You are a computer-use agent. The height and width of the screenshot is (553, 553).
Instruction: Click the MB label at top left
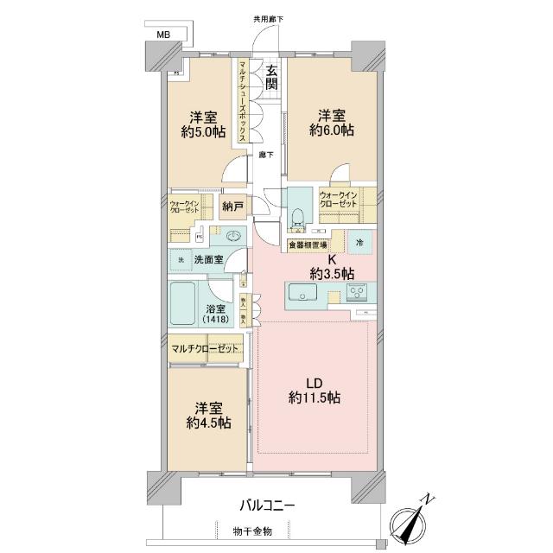162,35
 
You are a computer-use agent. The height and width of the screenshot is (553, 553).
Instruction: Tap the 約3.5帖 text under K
334,274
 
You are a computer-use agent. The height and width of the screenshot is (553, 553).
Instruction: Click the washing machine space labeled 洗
181,259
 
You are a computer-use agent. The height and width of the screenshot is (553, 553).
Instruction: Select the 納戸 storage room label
232,207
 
